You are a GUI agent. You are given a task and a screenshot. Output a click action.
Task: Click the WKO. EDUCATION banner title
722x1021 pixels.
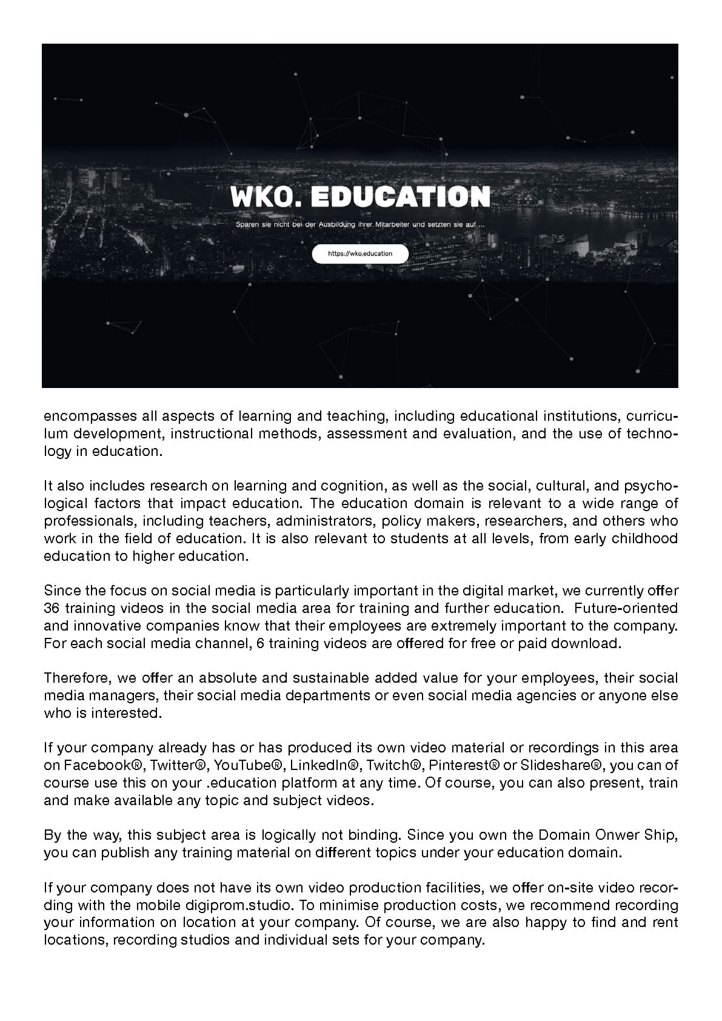(360, 196)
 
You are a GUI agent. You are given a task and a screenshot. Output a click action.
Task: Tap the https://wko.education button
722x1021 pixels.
(360, 253)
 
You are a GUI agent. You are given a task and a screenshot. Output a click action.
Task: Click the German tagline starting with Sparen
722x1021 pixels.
(360, 225)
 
